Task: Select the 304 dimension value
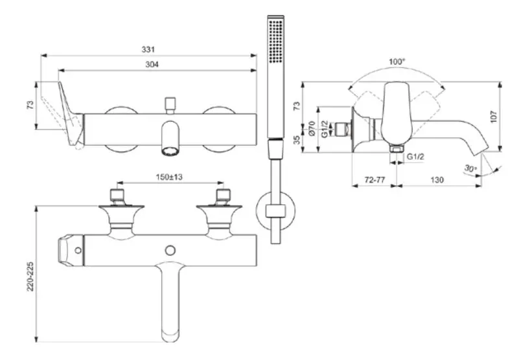[x=153, y=64]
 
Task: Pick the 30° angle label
[x=470, y=168]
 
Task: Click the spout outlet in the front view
[x=171, y=151]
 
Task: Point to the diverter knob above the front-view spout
[x=171, y=104]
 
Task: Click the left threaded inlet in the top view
[x=117, y=194]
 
